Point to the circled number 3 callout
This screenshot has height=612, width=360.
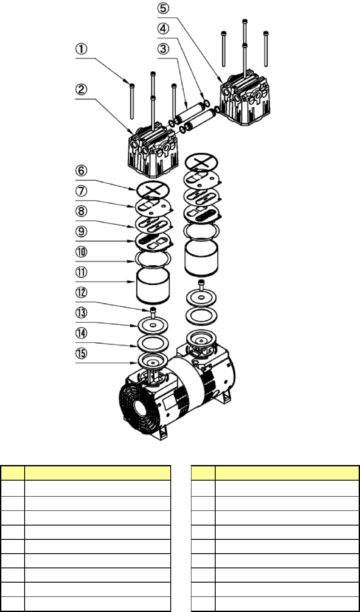163,49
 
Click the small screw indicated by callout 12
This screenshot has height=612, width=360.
153,311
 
